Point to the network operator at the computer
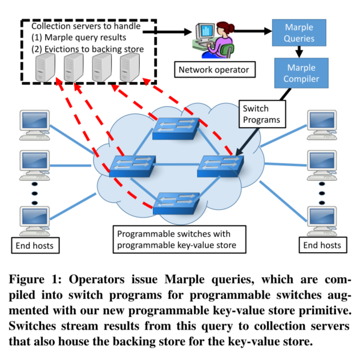coord(211,41)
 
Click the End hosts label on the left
coord(35,245)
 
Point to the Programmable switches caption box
coord(179,240)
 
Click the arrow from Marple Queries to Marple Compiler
coord(300,52)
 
